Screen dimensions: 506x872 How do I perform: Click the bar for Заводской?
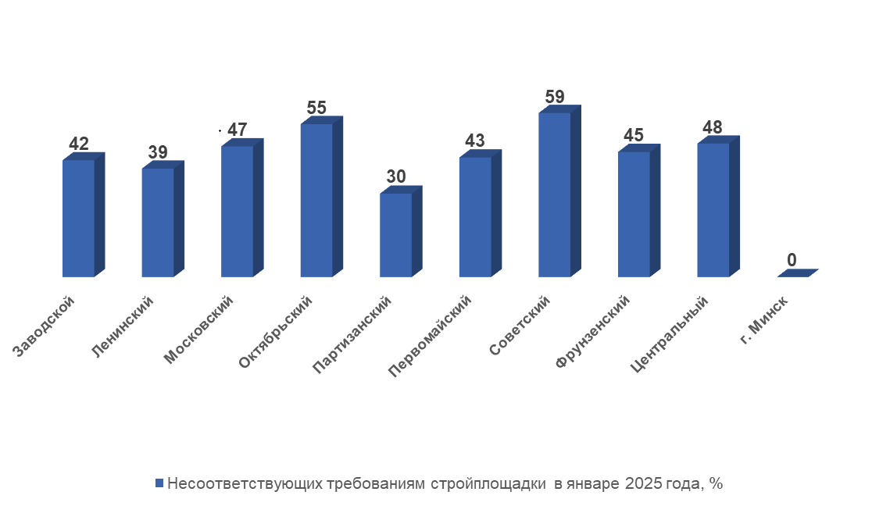tap(78, 218)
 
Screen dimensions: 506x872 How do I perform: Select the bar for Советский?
tap(554, 194)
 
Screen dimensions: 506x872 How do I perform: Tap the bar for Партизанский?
tap(395, 234)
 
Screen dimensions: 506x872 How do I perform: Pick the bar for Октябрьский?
tap(316, 200)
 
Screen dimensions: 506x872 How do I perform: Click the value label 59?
tap(554, 98)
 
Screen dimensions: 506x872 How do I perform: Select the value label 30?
tap(395, 177)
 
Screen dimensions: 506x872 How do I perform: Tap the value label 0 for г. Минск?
tap(792, 260)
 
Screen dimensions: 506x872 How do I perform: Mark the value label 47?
tap(237, 130)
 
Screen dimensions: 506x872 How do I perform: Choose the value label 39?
tap(157, 152)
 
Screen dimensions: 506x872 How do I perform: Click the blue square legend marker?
tap(159, 483)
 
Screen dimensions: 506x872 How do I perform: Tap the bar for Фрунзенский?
tap(634, 214)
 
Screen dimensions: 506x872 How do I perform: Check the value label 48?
tap(713, 127)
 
